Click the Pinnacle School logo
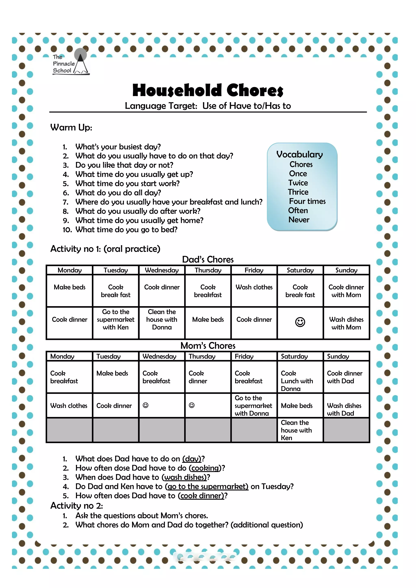click(70, 63)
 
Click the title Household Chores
click(208, 91)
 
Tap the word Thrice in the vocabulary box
click(298, 192)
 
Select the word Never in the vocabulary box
click(299, 220)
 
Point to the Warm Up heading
click(71, 128)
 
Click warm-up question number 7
click(169, 202)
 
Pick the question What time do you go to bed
click(126, 230)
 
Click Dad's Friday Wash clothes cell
click(254, 287)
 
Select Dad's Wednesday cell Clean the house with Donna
click(162, 320)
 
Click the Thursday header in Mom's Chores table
click(202, 357)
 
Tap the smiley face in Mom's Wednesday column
click(145, 405)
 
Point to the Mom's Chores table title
click(208, 346)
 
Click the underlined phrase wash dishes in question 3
click(185, 477)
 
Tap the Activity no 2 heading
click(77, 506)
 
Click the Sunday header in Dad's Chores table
click(346, 270)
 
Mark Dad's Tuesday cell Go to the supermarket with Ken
click(116, 320)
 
